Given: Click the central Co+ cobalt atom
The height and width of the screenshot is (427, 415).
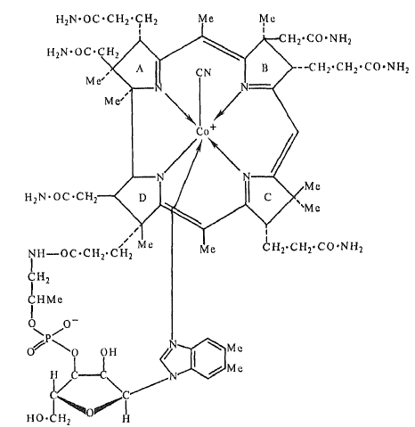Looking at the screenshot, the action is point(206,130).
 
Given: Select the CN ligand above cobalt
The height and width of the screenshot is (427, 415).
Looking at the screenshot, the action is point(204,72).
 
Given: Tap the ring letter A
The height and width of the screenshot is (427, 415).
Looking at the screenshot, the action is point(140,70).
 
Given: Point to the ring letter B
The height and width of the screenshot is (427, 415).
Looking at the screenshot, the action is point(264,69).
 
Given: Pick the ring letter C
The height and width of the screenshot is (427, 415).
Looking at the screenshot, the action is point(267,197).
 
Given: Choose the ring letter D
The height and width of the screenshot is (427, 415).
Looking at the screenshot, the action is point(142,198).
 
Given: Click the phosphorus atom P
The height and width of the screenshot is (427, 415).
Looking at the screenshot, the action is point(49,338).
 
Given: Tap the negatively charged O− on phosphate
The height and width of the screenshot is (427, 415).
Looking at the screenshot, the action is point(69,324).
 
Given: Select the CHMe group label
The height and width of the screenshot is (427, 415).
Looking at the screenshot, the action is point(45,300).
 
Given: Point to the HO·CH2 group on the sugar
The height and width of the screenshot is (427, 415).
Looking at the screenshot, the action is point(48,419).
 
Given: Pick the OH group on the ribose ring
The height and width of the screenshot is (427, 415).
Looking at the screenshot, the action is point(109,352).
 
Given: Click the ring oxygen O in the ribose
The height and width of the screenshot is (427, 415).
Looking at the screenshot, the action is point(90,412).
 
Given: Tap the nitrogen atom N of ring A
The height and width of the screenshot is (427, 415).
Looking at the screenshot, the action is point(159,87).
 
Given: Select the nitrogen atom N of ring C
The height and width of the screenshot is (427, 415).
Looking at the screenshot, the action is point(246,177).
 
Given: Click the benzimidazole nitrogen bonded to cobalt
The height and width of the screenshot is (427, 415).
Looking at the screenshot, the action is point(173,344).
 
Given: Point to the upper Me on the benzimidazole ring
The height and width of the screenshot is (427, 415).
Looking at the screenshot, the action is point(234,348).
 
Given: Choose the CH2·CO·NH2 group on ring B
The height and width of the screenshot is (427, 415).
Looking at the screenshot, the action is point(315,39).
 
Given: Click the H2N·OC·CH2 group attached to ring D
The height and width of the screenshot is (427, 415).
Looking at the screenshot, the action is point(61,198).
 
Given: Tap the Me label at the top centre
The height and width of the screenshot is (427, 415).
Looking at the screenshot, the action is point(206,19).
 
